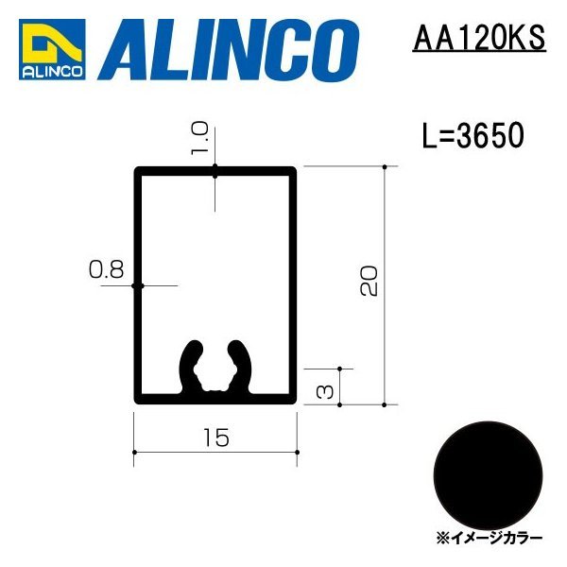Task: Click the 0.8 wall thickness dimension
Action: [106, 270]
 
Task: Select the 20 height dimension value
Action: [369, 281]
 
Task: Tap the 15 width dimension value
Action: [215, 437]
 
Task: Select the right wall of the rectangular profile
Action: [295, 283]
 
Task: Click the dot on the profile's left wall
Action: [137, 284]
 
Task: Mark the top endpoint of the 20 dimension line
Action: [386, 167]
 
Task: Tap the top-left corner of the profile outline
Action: [137, 171]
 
